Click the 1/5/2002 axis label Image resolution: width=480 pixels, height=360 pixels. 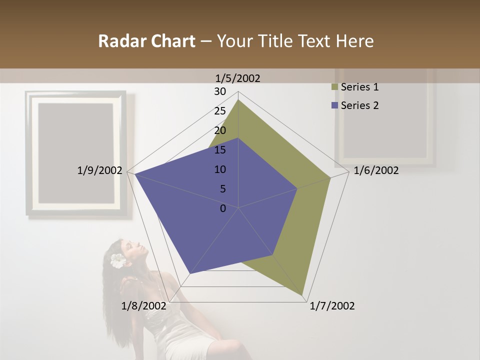(x=237, y=78)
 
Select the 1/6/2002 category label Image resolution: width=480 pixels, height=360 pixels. (x=376, y=170)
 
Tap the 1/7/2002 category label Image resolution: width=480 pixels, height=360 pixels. (x=332, y=306)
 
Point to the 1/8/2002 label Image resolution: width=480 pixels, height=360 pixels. (x=143, y=306)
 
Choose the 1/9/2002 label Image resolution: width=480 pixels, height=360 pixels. (x=99, y=170)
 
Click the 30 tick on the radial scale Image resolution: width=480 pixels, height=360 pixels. (x=220, y=91)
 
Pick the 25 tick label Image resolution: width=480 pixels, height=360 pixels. (x=220, y=111)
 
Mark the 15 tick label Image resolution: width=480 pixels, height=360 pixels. (x=220, y=150)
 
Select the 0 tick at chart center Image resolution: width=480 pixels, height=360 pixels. (x=223, y=208)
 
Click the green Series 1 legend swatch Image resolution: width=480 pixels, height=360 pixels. (x=334, y=87)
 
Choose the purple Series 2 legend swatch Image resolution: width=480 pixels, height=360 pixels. (x=334, y=105)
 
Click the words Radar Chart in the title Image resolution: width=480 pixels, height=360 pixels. (x=146, y=41)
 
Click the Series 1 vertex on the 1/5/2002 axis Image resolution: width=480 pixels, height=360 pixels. (x=238, y=100)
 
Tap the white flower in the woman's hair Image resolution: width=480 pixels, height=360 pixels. (x=117, y=260)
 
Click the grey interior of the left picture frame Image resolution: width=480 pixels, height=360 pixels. (x=75, y=152)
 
